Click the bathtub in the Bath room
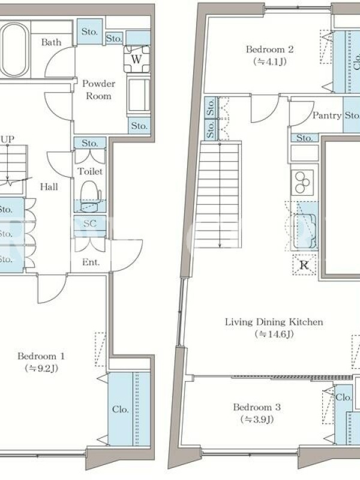[14, 50]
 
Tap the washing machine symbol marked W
[137, 59]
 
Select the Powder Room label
[98, 89]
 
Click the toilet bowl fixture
[91, 195]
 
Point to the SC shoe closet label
[89, 223]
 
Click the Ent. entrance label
[91, 262]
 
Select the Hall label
[49, 187]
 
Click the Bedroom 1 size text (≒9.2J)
[41, 368]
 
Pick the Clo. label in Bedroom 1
[121, 409]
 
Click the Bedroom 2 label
[269, 49]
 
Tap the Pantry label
[326, 115]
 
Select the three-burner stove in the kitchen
[302, 182]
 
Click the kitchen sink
[305, 232]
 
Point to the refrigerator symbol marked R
[304, 265]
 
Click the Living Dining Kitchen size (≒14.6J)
[274, 334]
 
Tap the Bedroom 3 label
[257, 407]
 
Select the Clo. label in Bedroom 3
[343, 397]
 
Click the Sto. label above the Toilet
[89, 143]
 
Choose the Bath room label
[51, 42]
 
